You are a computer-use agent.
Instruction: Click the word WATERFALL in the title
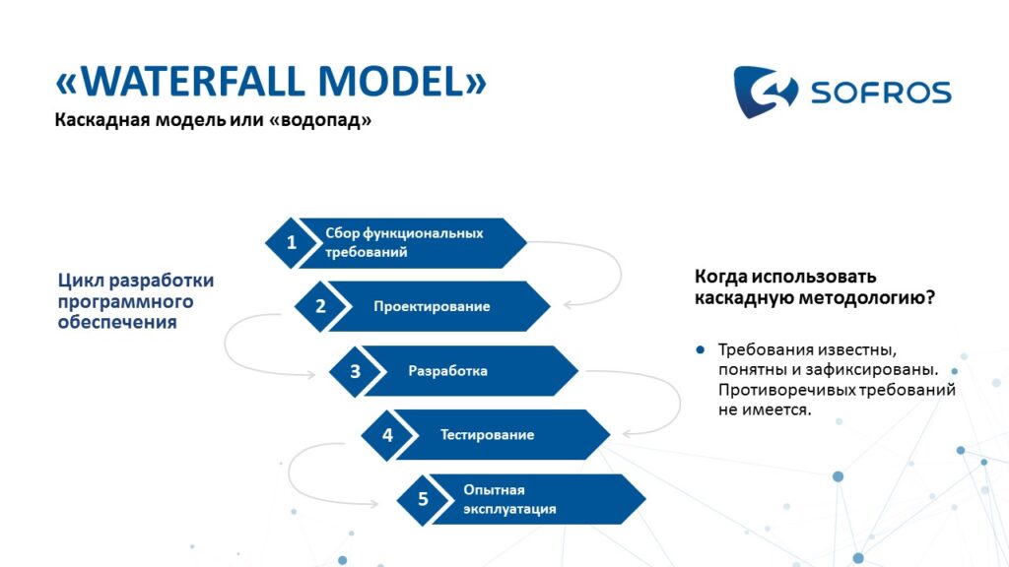pyautogui.click(x=193, y=81)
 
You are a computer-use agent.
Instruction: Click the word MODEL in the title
pyautogui.click(x=391, y=81)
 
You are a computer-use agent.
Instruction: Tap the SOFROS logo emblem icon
pyautogui.click(x=765, y=92)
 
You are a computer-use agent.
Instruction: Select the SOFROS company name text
pyautogui.click(x=881, y=93)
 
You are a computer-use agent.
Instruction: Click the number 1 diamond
pyautogui.click(x=291, y=242)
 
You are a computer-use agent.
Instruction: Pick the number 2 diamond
pyautogui.click(x=320, y=306)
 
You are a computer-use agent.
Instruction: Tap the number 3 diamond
pyautogui.click(x=355, y=371)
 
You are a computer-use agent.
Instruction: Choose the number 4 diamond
pyautogui.click(x=387, y=434)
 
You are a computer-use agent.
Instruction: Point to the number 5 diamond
pyautogui.click(x=423, y=499)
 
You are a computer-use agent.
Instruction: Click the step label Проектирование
pyautogui.click(x=432, y=307)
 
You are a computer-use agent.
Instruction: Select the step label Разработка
pyautogui.click(x=448, y=371)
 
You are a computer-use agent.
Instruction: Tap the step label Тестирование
pyautogui.click(x=487, y=434)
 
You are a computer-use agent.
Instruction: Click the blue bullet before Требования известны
pyautogui.click(x=701, y=349)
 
